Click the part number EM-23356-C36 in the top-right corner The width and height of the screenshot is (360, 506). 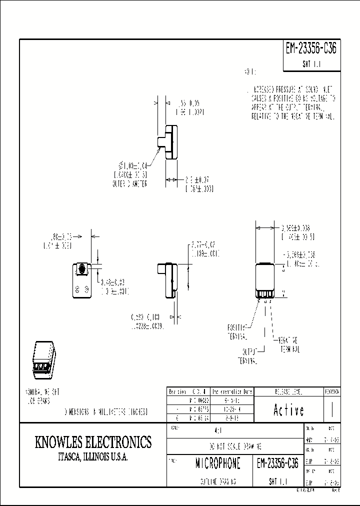(x=311, y=48)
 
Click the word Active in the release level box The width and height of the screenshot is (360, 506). (x=288, y=410)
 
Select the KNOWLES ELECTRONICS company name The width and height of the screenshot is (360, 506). (x=93, y=442)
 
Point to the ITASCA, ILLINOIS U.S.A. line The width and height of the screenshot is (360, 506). (x=93, y=457)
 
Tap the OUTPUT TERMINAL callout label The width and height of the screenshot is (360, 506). (x=247, y=355)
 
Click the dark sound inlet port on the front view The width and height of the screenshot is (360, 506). (x=80, y=270)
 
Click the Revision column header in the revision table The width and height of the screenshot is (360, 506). (x=177, y=391)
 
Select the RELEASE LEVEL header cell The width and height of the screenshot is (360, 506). (x=288, y=391)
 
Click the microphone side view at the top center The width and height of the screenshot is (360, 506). (x=168, y=142)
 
